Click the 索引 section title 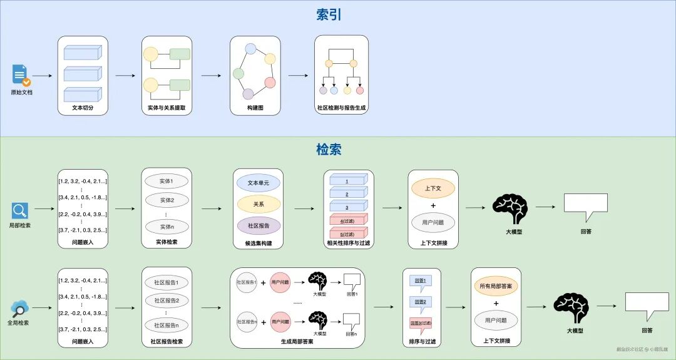pos(329,15)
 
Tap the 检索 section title pos(329,150)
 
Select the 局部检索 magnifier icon pos(20,210)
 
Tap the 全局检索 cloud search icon pos(20,308)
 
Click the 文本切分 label pos(83,108)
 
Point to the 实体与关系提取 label pos(166,108)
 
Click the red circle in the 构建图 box pos(270,82)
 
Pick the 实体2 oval pos(166,201)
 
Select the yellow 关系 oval pos(259,203)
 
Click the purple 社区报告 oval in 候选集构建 pos(259,225)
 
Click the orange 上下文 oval pos(433,188)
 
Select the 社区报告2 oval pos(166,301)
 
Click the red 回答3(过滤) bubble pos(421,322)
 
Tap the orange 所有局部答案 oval pos(496,285)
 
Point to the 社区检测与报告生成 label pos(341,108)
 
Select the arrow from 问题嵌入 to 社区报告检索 pos(125,307)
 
